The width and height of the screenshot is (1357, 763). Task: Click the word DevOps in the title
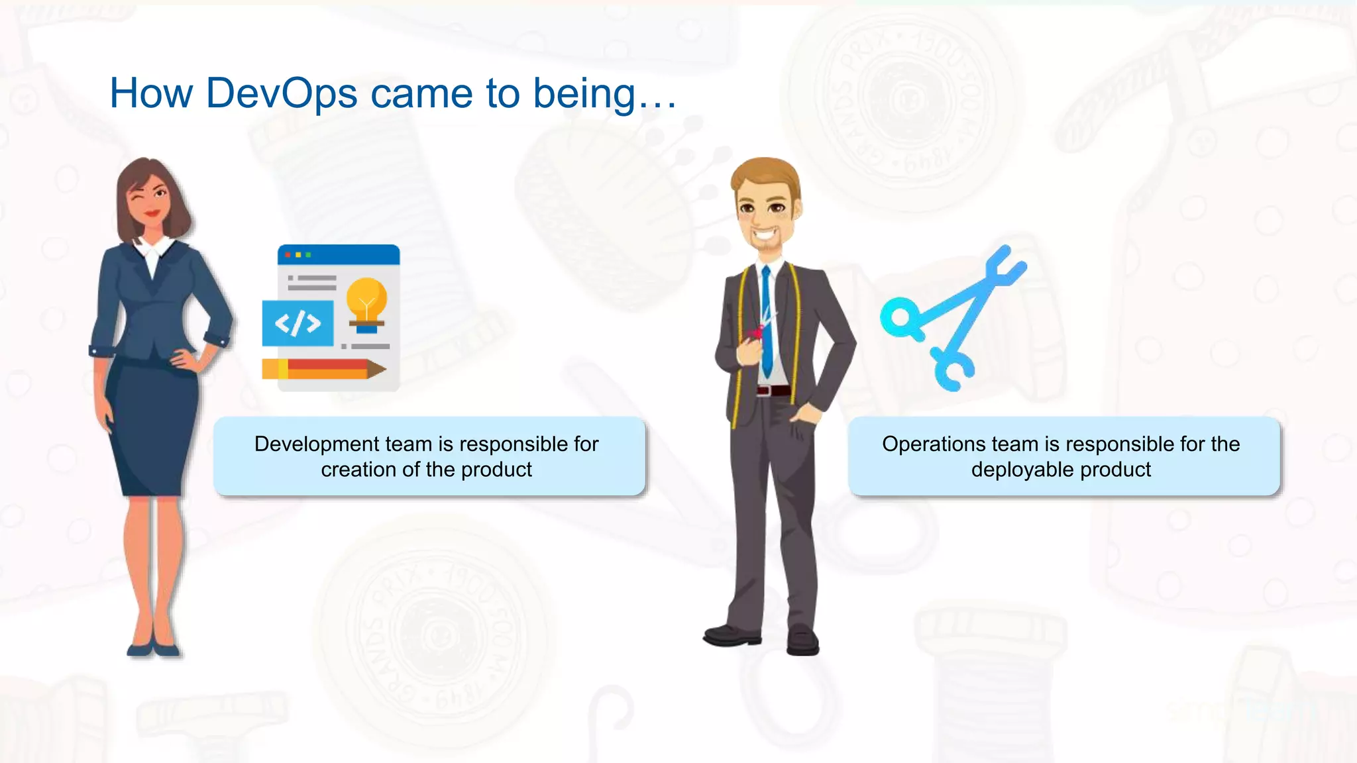click(282, 93)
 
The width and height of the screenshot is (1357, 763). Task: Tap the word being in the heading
click(584, 93)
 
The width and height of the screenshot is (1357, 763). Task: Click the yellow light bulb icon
click(366, 301)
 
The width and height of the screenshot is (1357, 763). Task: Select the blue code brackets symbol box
click(298, 323)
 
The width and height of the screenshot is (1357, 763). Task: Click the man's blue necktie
click(767, 325)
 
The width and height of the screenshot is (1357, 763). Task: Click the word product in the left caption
click(496, 470)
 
